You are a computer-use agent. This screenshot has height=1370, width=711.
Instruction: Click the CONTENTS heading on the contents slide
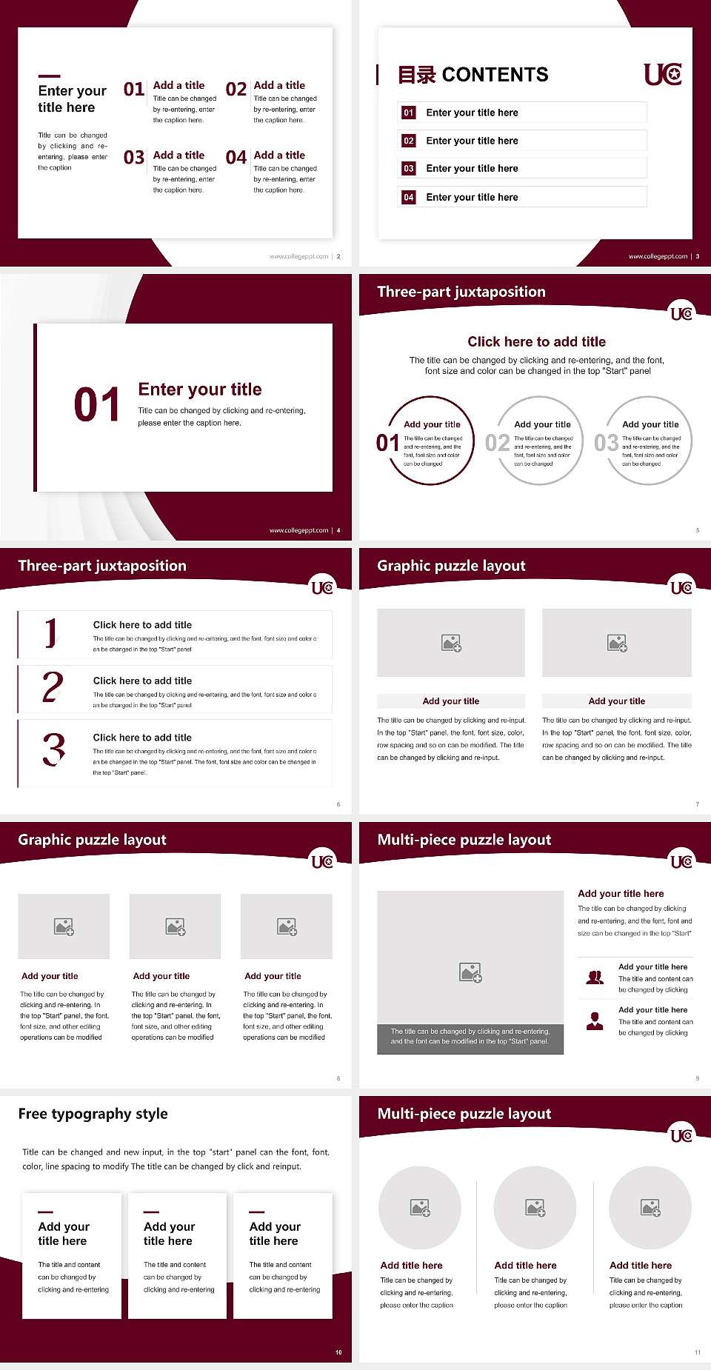[x=495, y=75]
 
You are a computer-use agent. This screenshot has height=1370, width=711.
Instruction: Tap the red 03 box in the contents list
[x=409, y=169]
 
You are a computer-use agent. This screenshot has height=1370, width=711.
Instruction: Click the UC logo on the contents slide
[x=663, y=74]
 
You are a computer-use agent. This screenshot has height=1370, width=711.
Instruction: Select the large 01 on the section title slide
[x=96, y=405]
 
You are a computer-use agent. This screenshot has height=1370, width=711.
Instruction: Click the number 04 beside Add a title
[x=236, y=158]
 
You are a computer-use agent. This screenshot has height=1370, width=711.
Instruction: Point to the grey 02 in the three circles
[x=497, y=443]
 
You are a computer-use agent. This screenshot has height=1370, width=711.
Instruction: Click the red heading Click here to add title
[x=536, y=341]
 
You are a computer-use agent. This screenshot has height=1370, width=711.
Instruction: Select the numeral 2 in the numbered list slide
[x=53, y=687]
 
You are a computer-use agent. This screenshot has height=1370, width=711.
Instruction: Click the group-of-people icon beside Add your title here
[x=595, y=978]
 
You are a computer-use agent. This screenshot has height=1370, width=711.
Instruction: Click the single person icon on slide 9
[x=595, y=1021]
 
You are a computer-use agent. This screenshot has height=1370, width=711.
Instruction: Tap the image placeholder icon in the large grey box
[x=470, y=972]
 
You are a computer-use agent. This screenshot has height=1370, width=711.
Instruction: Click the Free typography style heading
[x=93, y=1114]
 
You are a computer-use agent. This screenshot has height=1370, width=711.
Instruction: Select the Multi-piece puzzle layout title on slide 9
[x=464, y=840]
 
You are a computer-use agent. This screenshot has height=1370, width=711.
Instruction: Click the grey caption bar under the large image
[x=470, y=1037]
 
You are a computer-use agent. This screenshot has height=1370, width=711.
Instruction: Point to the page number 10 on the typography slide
[x=338, y=1352]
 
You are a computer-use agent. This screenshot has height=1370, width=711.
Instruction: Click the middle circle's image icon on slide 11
[x=535, y=1208]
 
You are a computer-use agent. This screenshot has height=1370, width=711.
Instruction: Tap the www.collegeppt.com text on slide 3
[x=658, y=256]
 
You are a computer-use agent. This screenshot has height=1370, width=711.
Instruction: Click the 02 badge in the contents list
[x=409, y=141]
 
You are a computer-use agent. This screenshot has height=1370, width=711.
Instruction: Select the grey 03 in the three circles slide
[x=606, y=443]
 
